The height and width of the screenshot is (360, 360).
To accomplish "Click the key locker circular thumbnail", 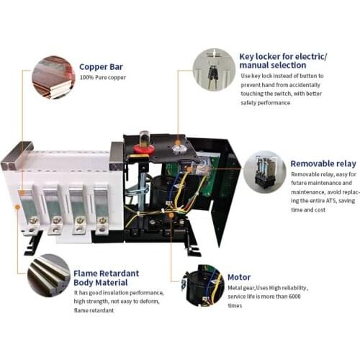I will click(x=214, y=69).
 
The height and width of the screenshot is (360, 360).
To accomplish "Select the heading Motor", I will click(x=239, y=276).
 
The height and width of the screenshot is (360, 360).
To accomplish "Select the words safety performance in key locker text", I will click(x=264, y=102).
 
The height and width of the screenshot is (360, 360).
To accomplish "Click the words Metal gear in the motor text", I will click(x=243, y=288).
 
